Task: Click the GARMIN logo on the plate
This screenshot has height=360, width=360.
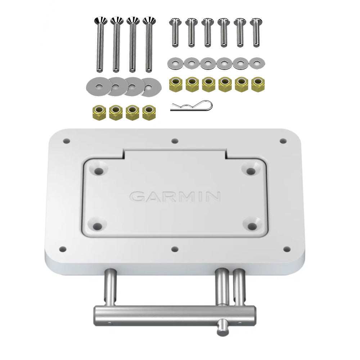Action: tap(175, 197)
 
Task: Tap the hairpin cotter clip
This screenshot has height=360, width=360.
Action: tap(192, 106)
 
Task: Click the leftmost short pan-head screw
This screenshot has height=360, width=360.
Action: tap(175, 32)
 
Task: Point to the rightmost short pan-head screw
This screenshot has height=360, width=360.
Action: tap(256, 32)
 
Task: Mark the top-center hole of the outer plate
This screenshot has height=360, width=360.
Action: tap(175, 141)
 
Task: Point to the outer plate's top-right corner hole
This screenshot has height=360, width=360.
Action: tap(283, 141)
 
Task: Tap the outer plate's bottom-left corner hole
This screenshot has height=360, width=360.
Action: tap(63, 249)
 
